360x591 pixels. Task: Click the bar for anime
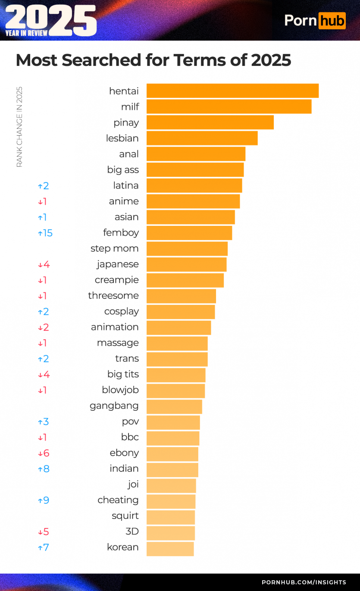tap(193, 201)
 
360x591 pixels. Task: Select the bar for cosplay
tap(181, 312)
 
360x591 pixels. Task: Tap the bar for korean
tap(170, 549)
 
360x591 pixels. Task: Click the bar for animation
tap(178, 328)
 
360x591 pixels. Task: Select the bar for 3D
tap(171, 533)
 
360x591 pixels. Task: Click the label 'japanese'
tap(118, 264)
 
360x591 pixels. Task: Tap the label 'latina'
tap(126, 185)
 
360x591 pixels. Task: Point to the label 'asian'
tap(126, 217)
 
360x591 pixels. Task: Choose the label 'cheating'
tap(118, 500)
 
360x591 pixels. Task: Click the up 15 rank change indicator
tap(45, 233)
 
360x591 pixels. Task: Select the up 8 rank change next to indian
tap(44, 469)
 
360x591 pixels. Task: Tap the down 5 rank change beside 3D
tap(44, 532)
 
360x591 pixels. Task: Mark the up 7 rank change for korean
tap(44, 548)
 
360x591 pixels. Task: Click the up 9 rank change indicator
tap(44, 500)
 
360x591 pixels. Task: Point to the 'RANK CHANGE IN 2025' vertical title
tap(19, 127)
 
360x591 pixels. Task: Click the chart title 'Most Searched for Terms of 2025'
tap(153, 60)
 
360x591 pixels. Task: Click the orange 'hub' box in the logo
tap(332, 20)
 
